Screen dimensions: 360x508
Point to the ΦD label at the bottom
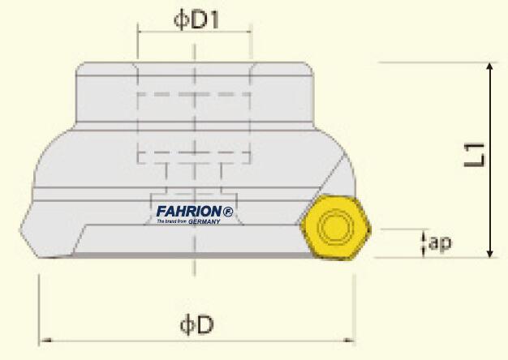coord(196,325)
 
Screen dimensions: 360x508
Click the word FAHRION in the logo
coord(189,212)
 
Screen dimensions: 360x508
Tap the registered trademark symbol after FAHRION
coord(228,212)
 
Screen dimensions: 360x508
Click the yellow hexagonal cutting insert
coord(334,226)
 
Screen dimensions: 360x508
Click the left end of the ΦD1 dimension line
coord(139,33)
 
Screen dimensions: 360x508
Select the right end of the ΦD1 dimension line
coord(250,33)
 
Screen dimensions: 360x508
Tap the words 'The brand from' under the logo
coord(171,221)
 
